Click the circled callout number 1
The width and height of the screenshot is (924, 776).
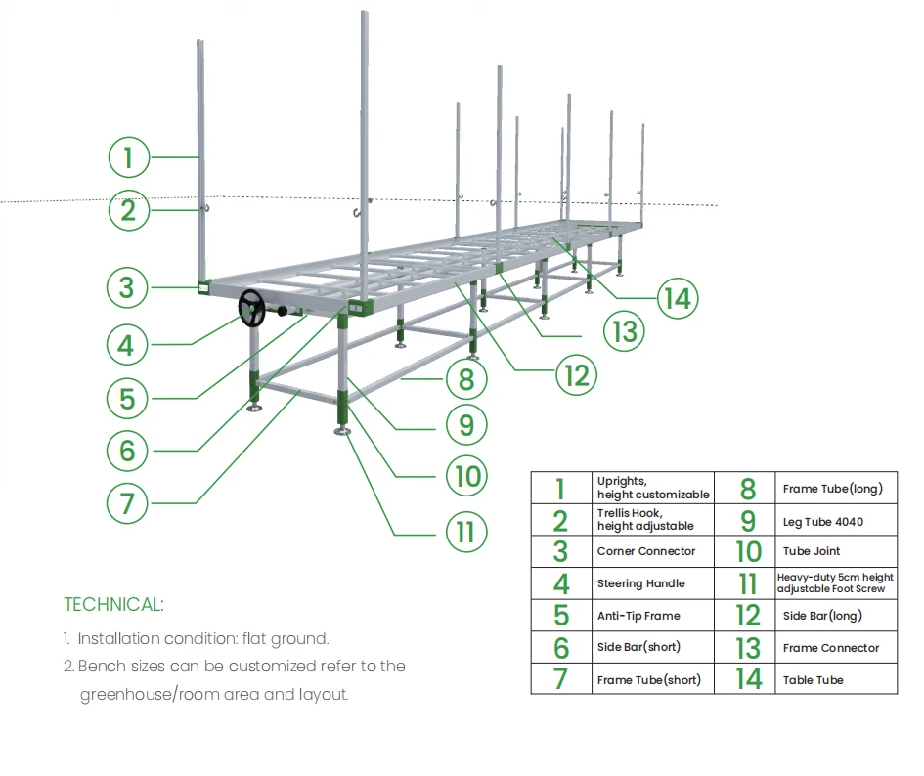click(x=128, y=156)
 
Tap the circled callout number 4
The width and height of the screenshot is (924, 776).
click(x=128, y=344)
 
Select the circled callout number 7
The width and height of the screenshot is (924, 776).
click(x=128, y=503)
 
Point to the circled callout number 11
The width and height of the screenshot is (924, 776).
click(x=465, y=531)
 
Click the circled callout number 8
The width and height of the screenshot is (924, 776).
click(x=465, y=377)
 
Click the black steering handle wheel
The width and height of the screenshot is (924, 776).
click(x=252, y=309)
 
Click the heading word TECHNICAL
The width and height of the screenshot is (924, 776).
click(x=113, y=604)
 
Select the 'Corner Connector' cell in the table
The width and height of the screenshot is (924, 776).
click(x=646, y=551)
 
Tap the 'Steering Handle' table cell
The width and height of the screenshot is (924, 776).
click(x=641, y=583)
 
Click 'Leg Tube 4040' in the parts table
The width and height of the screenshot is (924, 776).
click(x=823, y=522)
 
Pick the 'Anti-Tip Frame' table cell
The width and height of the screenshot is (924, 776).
click(x=638, y=616)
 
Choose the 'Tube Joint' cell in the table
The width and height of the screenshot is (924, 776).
click(x=812, y=551)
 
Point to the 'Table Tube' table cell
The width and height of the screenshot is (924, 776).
click(x=814, y=680)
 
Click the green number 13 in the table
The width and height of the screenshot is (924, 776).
click(x=748, y=648)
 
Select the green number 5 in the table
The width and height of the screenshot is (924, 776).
click(x=560, y=616)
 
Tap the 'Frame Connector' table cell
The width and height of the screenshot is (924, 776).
click(x=831, y=648)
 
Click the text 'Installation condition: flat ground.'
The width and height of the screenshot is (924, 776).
click(x=203, y=639)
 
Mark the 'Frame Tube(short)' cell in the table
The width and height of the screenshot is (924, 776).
click(x=649, y=680)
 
